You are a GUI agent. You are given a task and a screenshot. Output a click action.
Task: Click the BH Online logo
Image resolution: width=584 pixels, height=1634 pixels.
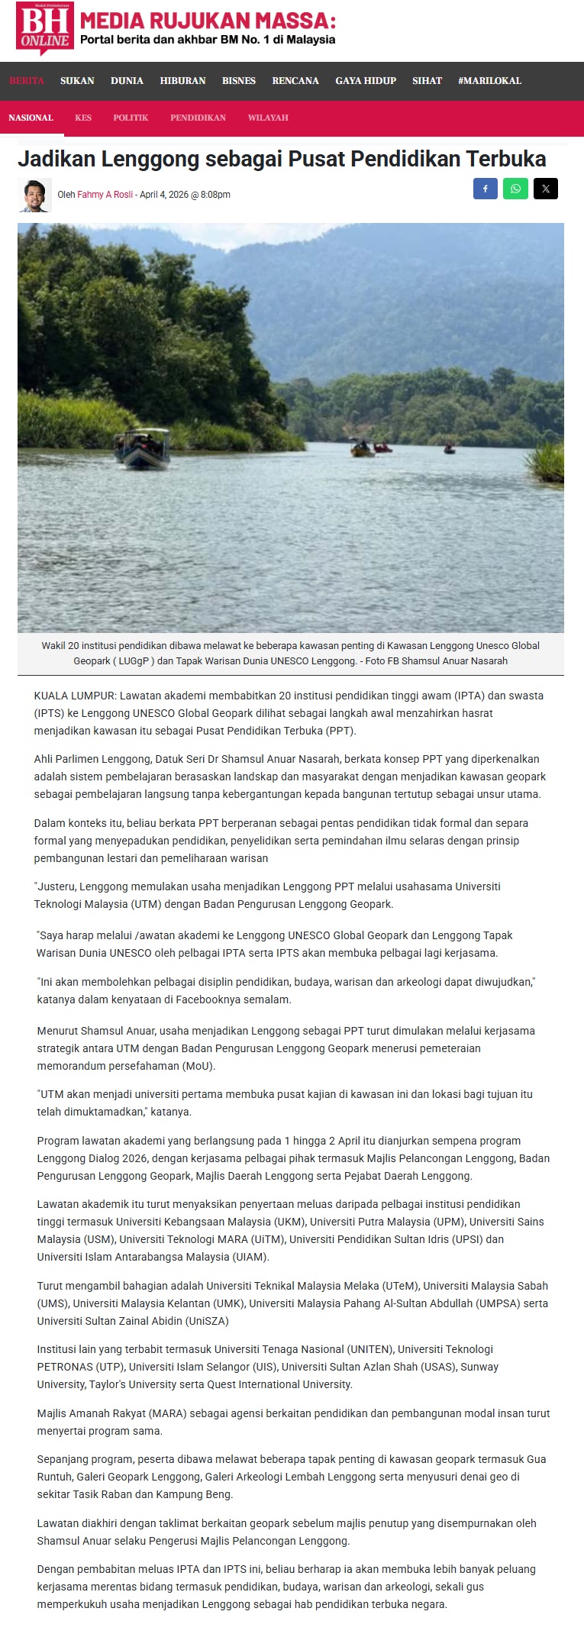pyautogui.click(x=45, y=29)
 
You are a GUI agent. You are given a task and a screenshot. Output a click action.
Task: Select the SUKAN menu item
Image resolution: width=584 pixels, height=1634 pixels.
pyautogui.click(x=77, y=81)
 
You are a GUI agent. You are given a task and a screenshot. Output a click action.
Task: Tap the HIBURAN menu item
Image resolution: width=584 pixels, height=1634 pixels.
pyautogui.click(x=182, y=81)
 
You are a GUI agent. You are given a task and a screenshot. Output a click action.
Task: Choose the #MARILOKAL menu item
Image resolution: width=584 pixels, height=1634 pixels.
pyautogui.click(x=489, y=81)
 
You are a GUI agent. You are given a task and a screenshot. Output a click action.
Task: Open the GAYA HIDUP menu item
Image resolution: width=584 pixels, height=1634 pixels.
pyautogui.click(x=366, y=81)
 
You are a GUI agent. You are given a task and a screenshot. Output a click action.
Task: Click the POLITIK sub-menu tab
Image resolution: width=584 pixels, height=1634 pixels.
pyautogui.click(x=131, y=118)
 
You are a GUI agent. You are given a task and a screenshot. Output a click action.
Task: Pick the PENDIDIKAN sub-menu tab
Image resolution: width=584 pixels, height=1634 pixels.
pyautogui.click(x=198, y=118)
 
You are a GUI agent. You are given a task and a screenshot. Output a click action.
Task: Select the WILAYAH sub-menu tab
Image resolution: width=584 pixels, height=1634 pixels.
pyautogui.click(x=268, y=118)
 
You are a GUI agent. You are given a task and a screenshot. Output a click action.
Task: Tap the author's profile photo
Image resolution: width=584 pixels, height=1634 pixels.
pyautogui.click(x=34, y=195)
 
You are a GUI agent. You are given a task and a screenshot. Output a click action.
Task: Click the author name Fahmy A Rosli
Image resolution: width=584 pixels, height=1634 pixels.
pyautogui.click(x=105, y=195)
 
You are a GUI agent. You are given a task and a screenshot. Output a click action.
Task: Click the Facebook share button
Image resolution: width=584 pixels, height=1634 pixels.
pyautogui.click(x=486, y=189)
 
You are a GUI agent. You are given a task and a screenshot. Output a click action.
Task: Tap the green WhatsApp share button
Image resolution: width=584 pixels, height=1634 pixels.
pyautogui.click(x=515, y=189)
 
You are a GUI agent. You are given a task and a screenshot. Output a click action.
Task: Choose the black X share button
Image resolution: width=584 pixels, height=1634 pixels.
pyautogui.click(x=545, y=189)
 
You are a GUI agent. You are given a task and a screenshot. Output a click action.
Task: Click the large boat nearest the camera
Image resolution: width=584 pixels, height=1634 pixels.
pyautogui.click(x=143, y=448)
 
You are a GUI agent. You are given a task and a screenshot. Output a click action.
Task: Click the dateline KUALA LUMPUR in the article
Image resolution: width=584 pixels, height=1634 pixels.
pyautogui.click(x=74, y=696)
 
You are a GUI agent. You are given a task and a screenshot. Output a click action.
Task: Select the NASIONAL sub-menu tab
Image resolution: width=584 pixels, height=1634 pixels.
pyautogui.click(x=31, y=118)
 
